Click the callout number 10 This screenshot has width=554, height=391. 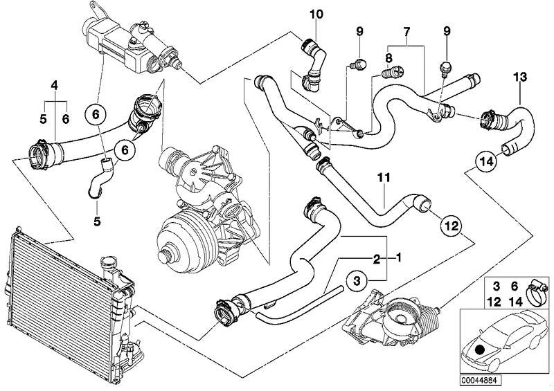(316, 13)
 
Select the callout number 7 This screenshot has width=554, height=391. (406, 33)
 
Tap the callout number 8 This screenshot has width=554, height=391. (388, 58)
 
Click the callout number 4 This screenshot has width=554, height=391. (53, 86)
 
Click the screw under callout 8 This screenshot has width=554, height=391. (393, 71)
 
